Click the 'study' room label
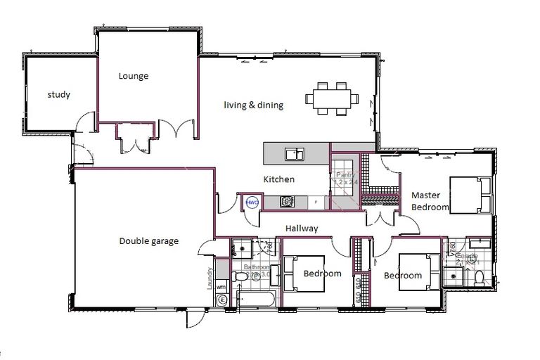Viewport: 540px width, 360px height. (58, 94)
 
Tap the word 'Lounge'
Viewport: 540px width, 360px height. (133, 76)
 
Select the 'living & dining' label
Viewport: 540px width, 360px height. (253, 105)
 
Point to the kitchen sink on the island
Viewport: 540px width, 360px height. (294, 153)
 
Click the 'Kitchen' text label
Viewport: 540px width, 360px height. (279, 179)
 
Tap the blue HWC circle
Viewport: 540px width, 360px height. (252, 202)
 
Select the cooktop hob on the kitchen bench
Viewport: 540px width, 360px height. (287, 202)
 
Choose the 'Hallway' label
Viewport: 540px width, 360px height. (301, 228)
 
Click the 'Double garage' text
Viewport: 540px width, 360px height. (148, 241)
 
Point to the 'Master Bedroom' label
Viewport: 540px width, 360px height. (430, 201)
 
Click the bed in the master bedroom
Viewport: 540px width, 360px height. (468, 195)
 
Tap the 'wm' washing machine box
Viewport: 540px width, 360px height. (221, 286)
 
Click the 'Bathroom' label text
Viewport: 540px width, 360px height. (256, 267)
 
